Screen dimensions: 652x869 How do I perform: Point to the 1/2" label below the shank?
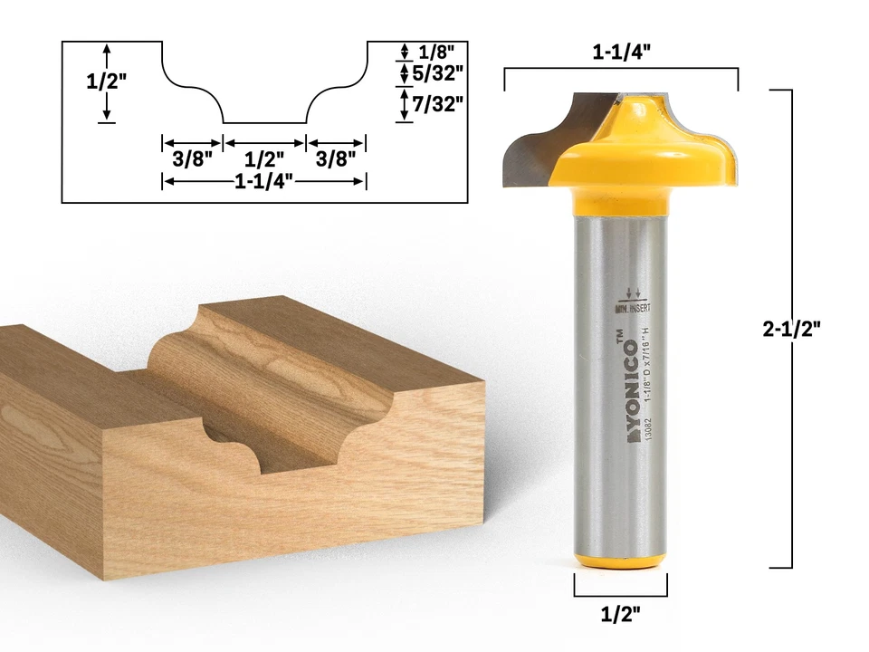[x=621, y=615]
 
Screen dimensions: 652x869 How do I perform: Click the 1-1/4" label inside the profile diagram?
[x=263, y=181]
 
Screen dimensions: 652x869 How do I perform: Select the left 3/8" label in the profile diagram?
[x=192, y=158]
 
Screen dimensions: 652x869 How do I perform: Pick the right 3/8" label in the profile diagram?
[x=335, y=158]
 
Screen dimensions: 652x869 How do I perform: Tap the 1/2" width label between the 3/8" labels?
[x=263, y=158]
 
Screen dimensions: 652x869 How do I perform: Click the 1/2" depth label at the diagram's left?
[x=106, y=81]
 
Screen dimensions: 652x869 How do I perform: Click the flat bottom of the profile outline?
[x=263, y=122]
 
